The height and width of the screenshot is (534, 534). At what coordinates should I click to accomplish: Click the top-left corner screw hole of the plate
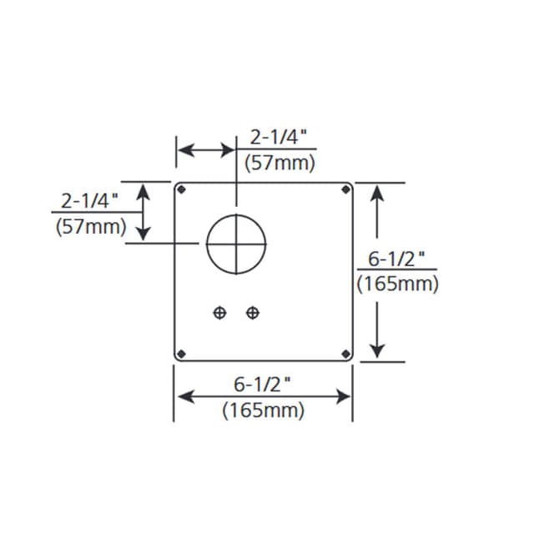point(181,189)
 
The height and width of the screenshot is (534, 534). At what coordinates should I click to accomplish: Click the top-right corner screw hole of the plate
point(345,189)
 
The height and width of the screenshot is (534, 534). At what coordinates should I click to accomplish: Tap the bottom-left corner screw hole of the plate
point(181,355)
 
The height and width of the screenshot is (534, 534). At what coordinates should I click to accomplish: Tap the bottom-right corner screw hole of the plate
point(345,355)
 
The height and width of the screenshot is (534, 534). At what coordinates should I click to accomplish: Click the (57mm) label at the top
point(280,164)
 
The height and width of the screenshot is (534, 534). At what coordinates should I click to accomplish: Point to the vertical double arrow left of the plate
point(144,212)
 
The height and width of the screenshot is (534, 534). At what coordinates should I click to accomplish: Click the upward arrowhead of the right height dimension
point(378,191)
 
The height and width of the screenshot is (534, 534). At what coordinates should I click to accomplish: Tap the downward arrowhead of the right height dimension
point(378,350)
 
